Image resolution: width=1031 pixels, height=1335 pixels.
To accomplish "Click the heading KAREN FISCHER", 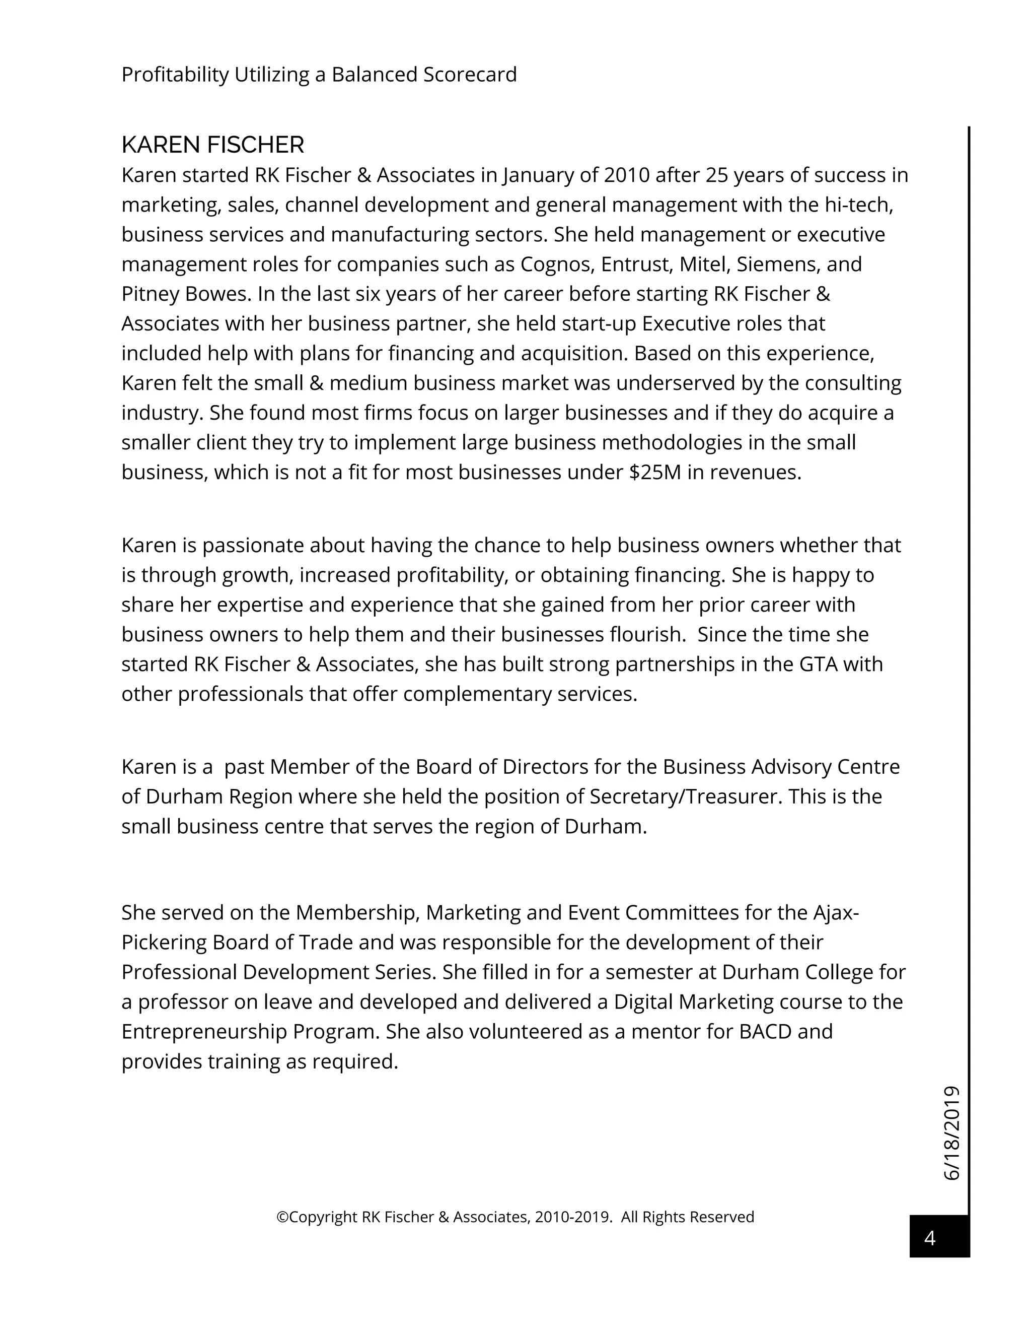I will (212, 146).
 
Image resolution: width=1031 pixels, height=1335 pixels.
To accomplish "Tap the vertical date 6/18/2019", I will (952, 1132).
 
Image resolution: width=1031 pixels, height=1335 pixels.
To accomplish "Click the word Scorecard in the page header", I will (470, 75).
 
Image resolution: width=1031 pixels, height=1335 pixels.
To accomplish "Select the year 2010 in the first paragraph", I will (627, 175).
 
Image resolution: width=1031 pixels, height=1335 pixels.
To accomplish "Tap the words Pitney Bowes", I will (186, 294).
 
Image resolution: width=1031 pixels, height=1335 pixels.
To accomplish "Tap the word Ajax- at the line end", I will (836, 913).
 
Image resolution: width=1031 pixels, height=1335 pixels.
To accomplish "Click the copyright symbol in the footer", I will (282, 1217).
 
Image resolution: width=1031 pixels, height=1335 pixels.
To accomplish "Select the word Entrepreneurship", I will (204, 1031).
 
